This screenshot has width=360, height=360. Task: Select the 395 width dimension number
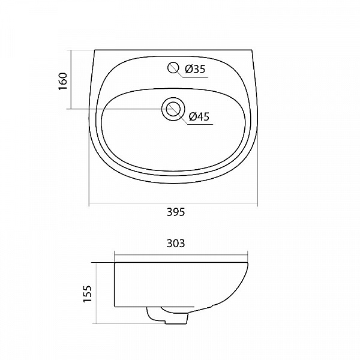point(174,212)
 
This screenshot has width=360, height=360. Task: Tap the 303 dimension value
point(176,243)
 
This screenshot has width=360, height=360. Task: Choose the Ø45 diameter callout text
point(199,117)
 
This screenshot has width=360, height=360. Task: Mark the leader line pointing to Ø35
point(181,74)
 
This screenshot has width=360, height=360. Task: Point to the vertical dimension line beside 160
point(71,80)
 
